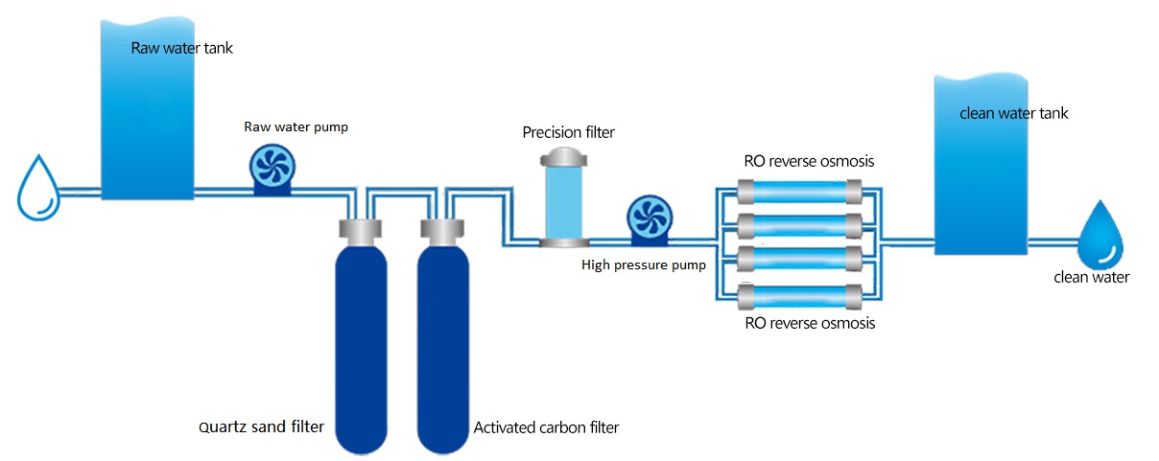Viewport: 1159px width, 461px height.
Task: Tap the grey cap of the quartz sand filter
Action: [x=361, y=230]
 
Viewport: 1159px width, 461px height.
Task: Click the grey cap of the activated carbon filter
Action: [x=442, y=230]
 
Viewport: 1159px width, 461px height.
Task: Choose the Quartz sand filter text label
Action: [x=261, y=426]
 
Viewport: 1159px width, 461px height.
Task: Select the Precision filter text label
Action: [x=568, y=131]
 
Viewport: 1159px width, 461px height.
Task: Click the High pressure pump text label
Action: [x=643, y=265]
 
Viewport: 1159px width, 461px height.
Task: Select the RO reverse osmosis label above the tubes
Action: [x=809, y=161]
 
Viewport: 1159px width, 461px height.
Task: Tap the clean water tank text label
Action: [x=1013, y=113]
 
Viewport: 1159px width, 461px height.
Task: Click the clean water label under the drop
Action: [x=1091, y=277]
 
